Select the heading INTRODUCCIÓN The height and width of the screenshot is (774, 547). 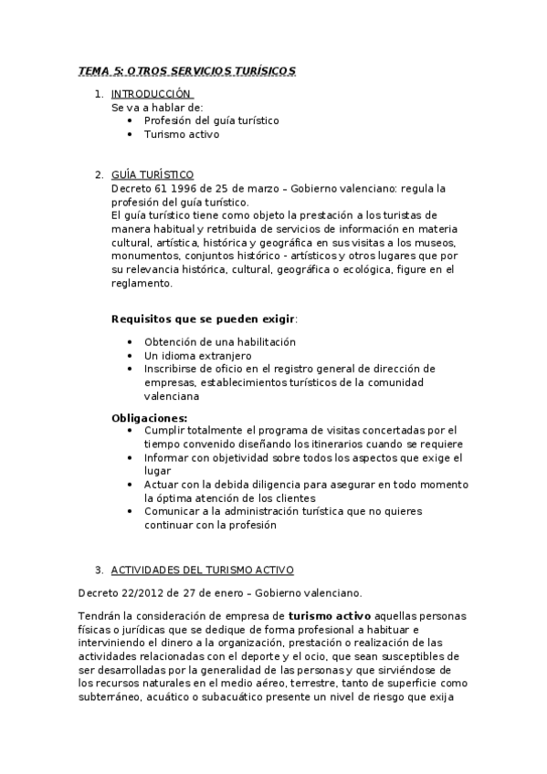click(152, 94)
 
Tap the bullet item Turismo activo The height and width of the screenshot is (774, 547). click(182, 133)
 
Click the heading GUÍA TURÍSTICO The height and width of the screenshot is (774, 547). click(152, 175)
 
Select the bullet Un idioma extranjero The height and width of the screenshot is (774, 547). click(197, 355)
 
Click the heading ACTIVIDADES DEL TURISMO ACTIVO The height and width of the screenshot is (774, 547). click(202, 570)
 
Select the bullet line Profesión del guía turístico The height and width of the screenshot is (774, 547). click(211, 120)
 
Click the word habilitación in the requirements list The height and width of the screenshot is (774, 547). click(262, 341)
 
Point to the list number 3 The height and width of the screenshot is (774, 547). click(98, 570)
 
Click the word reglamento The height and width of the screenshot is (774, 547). click(142, 284)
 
